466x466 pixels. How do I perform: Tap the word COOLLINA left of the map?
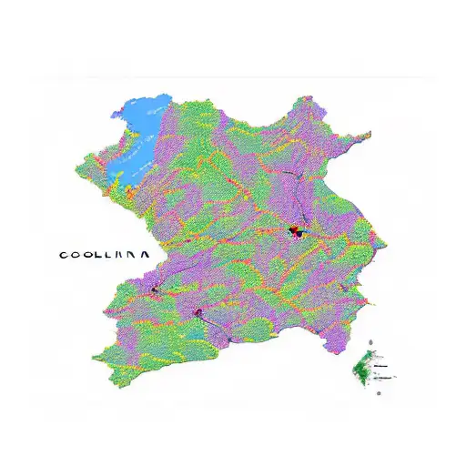[x=105, y=256]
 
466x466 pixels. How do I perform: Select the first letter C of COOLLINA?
[x=64, y=256]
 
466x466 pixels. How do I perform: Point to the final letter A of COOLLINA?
[x=145, y=256]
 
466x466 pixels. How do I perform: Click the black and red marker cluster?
[x=295, y=231]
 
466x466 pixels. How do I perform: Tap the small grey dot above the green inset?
[x=370, y=344]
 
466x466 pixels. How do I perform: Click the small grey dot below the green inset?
[x=379, y=392]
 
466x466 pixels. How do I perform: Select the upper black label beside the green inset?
[x=383, y=359]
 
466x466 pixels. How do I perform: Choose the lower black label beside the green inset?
[x=386, y=376]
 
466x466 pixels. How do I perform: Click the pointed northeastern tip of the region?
[x=370, y=136]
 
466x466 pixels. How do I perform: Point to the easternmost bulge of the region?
[x=386, y=244]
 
